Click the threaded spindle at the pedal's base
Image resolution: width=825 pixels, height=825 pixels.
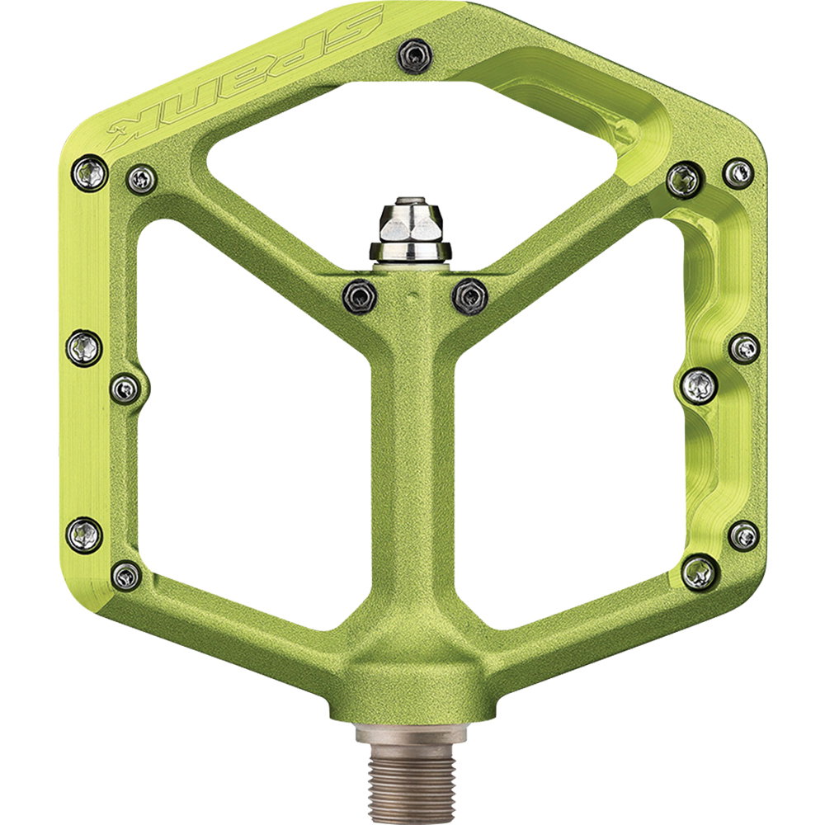pyautogui.click(x=411, y=774)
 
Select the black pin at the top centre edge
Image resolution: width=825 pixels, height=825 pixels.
pyautogui.click(x=415, y=56)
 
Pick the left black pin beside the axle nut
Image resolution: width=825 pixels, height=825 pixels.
pyautogui.click(x=360, y=297)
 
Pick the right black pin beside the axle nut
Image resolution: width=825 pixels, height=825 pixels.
pyautogui.click(x=470, y=297)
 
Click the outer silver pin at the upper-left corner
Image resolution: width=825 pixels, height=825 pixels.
pyautogui.click(x=89, y=173)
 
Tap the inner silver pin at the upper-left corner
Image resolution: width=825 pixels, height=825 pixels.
pyautogui.click(x=142, y=179)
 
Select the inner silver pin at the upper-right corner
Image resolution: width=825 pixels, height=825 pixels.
pyautogui.click(x=685, y=181)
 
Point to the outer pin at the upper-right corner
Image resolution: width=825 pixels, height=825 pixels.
pyautogui.click(x=738, y=173)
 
